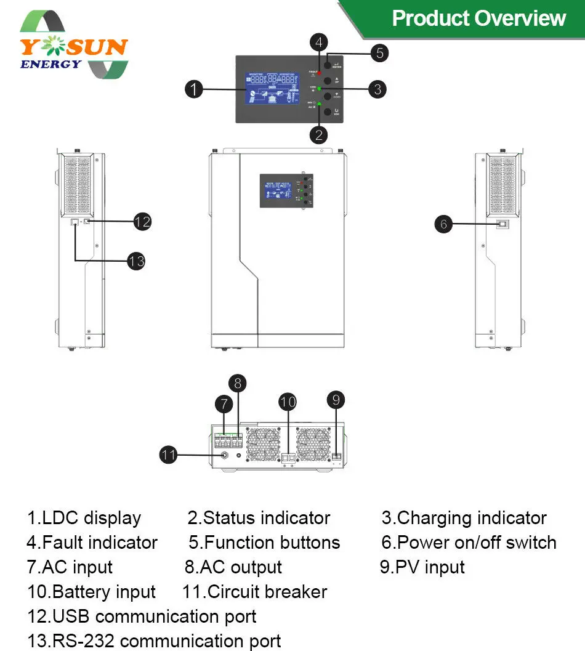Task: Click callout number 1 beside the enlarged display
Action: pyautogui.click(x=194, y=89)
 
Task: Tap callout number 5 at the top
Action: pyautogui.click(x=379, y=53)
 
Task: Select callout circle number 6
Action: pyautogui.click(x=443, y=224)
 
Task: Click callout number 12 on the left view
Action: pyautogui.click(x=142, y=221)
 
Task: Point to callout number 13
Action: pyautogui.click(x=136, y=261)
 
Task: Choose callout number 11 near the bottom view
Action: pyautogui.click(x=169, y=455)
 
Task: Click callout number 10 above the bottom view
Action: pyautogui.click(x=288, y=402)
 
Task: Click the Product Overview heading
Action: pyautogui.click(x=478, y=18)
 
